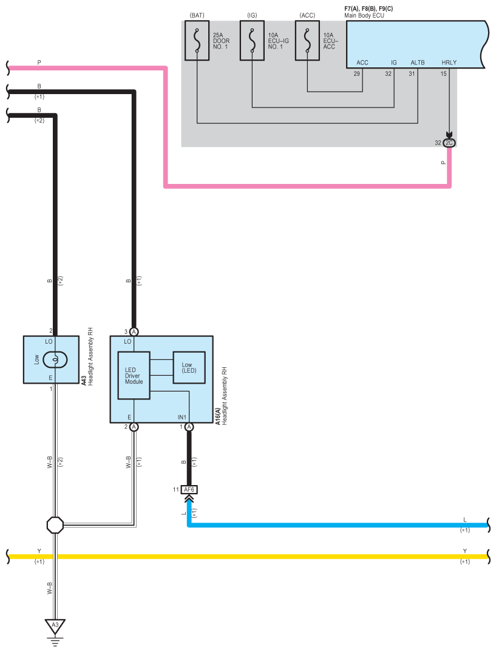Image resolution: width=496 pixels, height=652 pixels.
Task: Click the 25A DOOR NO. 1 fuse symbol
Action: coord(197,41)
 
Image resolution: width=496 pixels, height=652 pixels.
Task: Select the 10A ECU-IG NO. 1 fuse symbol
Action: coord(252,41)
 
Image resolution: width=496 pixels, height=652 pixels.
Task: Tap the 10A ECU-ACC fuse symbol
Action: coord(307,41)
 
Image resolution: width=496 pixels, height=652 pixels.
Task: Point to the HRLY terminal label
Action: coord(449,63)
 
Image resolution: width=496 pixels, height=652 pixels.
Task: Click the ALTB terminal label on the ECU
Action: coord(418,63)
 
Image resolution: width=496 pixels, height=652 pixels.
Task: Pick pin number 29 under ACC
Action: coord(357,73)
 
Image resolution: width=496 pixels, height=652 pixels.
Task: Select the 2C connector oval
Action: coord(449,143)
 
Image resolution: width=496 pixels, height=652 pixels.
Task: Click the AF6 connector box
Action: coord(189,489)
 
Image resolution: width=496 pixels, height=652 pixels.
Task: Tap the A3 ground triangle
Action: coord(55,625)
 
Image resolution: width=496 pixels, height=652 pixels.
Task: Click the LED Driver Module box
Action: coord(134,375)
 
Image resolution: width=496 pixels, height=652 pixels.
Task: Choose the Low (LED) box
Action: coord(189,367)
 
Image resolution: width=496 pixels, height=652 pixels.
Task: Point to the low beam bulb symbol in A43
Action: coord(55,359)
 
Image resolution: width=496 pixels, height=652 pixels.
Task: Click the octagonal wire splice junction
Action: coord(55,525)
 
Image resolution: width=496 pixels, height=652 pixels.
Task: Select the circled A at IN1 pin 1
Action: coord(189,427)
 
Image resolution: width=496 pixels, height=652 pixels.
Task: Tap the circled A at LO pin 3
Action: coord(134,331)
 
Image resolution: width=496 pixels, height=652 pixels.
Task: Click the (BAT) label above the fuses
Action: coord(197,14)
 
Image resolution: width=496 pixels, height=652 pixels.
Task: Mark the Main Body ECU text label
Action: coord(365,15)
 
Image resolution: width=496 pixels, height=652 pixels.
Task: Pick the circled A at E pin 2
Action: coord(134,427)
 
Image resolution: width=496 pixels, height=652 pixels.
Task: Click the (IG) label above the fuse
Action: coord(252,14)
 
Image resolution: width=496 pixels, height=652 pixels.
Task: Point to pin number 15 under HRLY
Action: coord(444,73)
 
